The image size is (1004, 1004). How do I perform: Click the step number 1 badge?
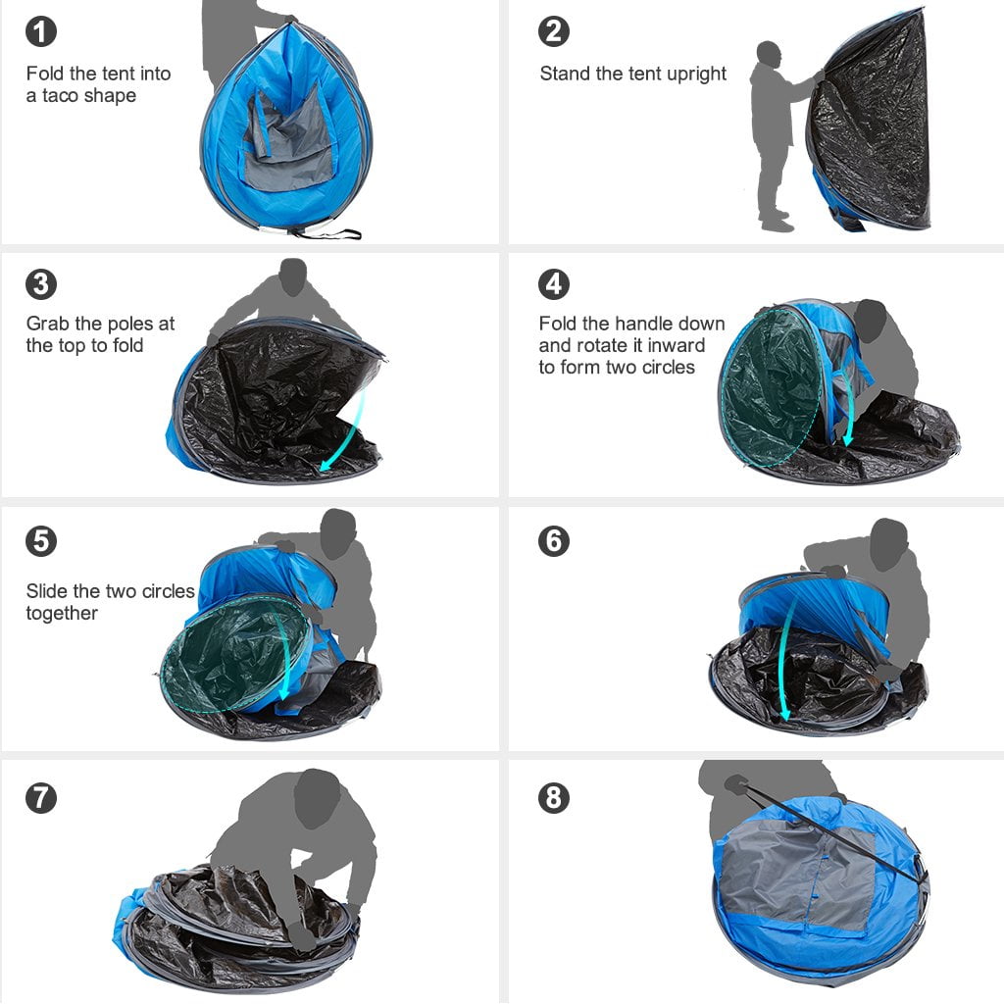click(x=41, y=31)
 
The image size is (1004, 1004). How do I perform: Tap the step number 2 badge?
click(x=554, y=31)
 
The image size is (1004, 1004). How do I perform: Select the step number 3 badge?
click(x=41, y=284)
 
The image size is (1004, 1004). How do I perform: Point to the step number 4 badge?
click(x=554, y=284)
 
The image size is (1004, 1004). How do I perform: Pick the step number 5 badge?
click(x=41, y=541)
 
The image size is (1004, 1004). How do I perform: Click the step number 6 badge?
click(x=554, y=541)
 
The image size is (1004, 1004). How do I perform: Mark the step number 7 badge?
click(x=41, y=798)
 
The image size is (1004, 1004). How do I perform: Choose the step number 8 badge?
click(x=554, y=798)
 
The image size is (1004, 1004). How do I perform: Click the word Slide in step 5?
click(x=47, y=591)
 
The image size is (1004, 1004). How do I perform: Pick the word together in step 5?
click(x=62, y=614)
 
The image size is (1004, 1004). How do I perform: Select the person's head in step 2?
click(x=769, y=54)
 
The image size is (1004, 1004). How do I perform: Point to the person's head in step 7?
click(x=316, y=796)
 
